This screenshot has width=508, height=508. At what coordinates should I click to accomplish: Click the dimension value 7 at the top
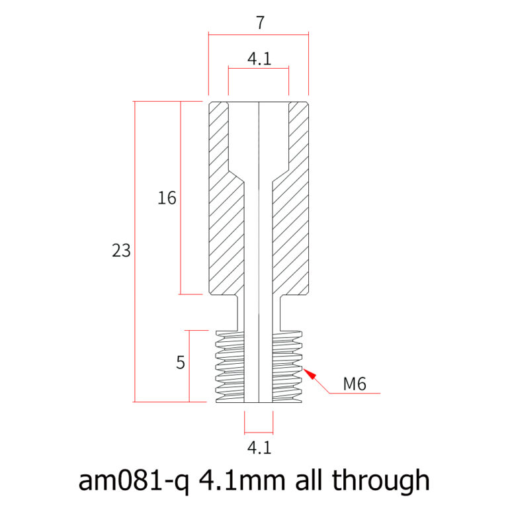point(260,22)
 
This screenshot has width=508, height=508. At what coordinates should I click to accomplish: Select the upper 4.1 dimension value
point(259,59)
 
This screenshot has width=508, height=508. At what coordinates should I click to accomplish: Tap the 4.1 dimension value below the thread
point(259,448)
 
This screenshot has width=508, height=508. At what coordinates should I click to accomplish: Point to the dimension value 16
point(167,198)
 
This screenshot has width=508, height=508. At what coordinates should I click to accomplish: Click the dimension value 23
point(121,251)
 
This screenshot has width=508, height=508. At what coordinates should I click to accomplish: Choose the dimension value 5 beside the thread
point(181,362)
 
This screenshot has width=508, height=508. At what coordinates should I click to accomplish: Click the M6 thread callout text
point(355,384)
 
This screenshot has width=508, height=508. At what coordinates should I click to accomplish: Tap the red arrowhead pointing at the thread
point(310,373)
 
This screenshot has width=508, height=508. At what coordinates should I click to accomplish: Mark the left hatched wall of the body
point(226,198)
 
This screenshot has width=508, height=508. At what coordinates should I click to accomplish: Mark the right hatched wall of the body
point(290,198)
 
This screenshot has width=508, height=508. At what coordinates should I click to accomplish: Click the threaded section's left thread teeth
point(230,366)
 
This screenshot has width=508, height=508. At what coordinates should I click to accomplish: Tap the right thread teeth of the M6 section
point(287,366)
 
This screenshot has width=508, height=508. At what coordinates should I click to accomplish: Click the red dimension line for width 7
point(259,34)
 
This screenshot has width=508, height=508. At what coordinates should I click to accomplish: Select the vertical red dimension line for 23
point(134,252)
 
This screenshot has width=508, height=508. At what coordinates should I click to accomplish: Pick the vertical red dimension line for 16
point(181,198)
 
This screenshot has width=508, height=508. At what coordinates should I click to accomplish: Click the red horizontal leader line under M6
point(355,394)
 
